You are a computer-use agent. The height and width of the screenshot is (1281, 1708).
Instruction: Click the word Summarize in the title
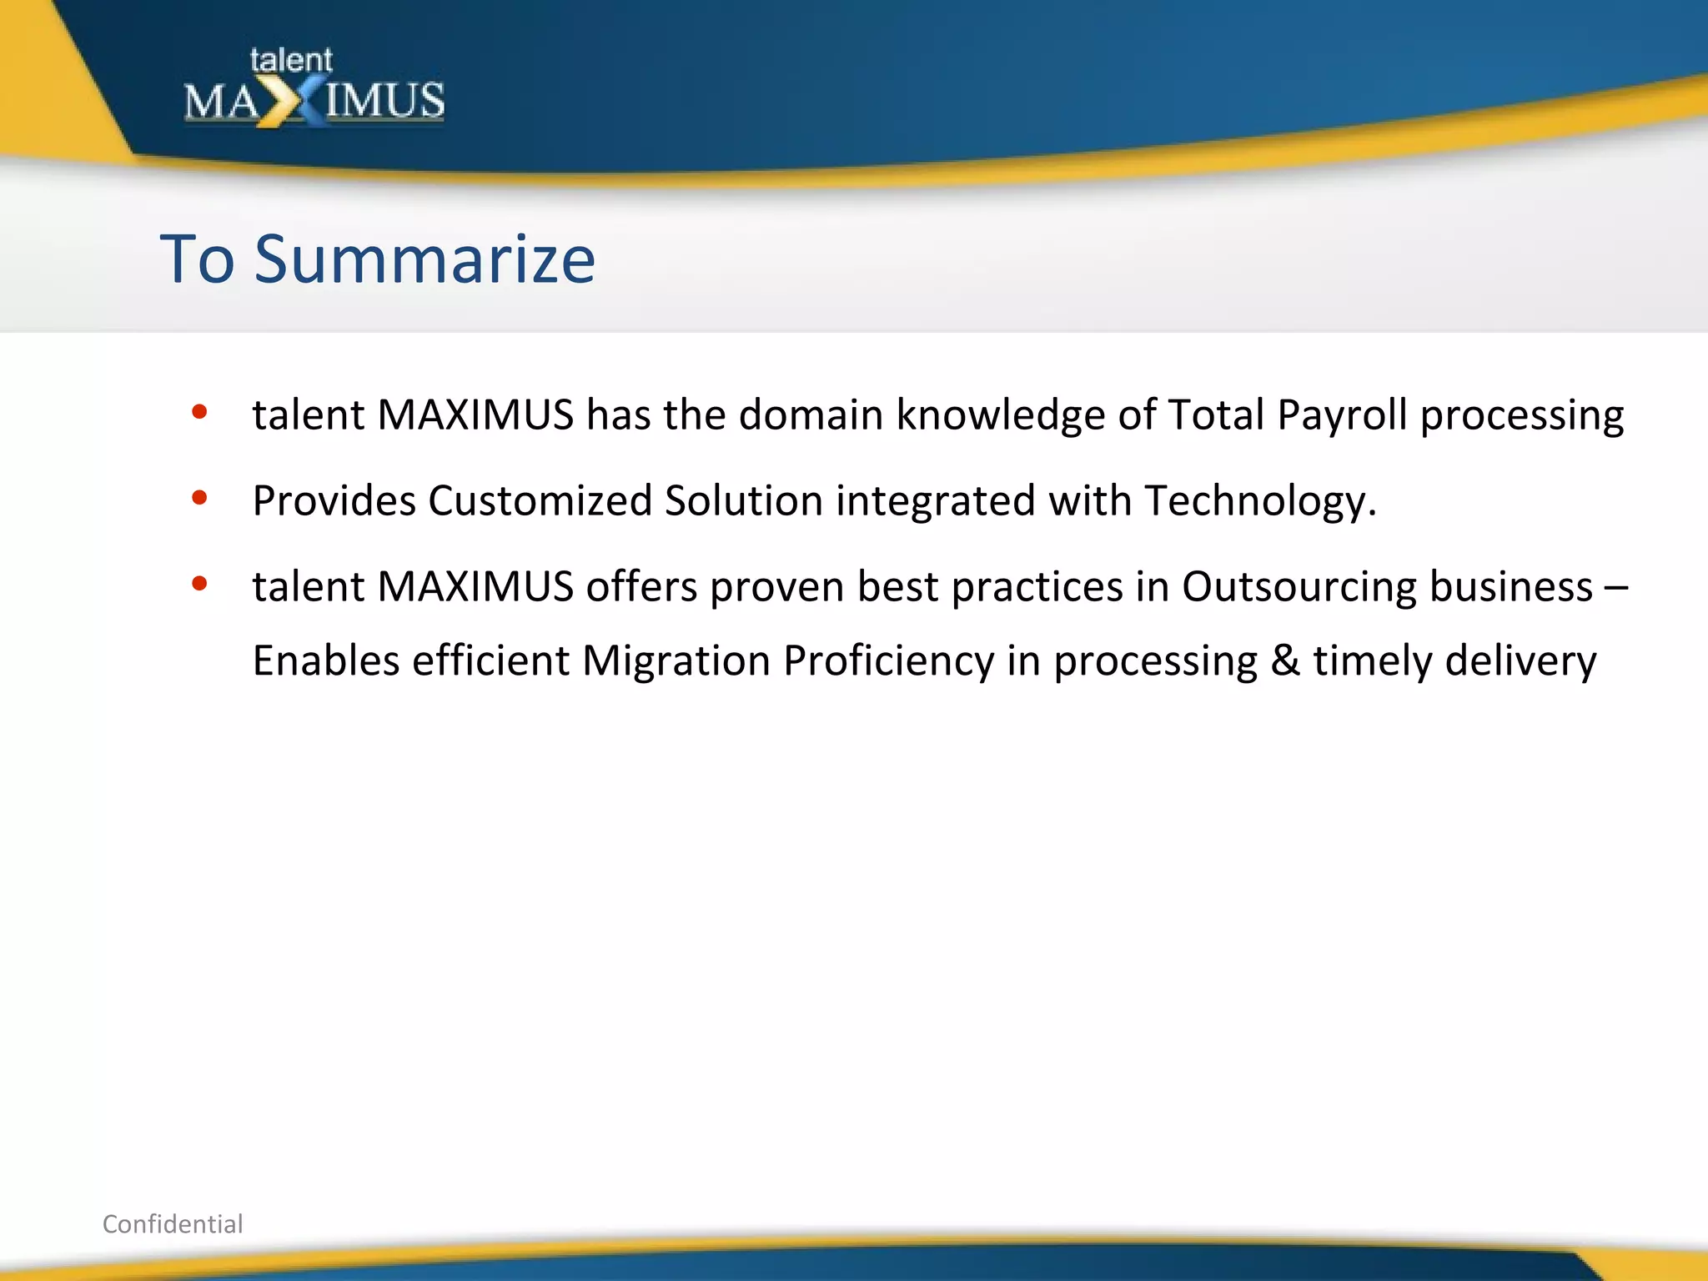point(424,259)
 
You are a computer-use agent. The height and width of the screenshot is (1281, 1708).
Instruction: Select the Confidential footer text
point(173,1223)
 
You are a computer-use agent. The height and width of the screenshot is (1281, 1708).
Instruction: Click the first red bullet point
point(199,411)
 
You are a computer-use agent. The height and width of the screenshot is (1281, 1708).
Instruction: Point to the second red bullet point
point(199,498)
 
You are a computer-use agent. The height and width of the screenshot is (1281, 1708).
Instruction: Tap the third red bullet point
point(199,584)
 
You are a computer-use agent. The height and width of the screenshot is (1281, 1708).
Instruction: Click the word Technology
point(1259,501)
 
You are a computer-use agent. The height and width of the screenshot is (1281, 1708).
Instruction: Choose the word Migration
point(676,661)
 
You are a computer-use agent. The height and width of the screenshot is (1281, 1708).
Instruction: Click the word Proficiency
point(888,661)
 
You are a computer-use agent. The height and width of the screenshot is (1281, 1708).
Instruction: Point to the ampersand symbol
point(1285,661)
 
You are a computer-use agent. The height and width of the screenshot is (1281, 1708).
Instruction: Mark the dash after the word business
point(1615,587)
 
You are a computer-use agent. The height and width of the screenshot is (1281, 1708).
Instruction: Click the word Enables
point(326,661)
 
